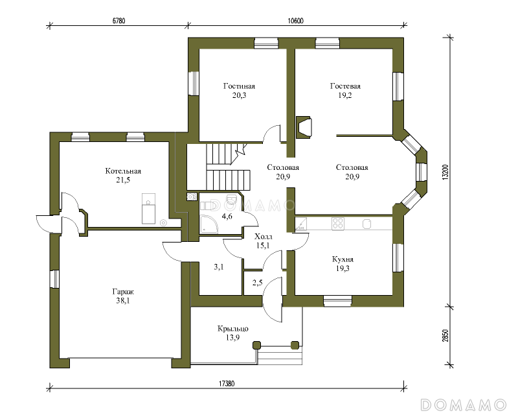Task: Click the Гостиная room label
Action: (239, 86)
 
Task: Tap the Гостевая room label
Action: (345, 86)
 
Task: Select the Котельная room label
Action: (123, 171)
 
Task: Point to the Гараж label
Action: (123, 292)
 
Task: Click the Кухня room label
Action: (343, 259)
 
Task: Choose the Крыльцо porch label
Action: (233, 329)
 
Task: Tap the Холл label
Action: (264, 237)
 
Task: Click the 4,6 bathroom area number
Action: (227, 217)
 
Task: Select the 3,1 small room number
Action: (219, 267)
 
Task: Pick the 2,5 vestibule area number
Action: (257, 283)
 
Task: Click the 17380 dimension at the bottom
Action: (227, 384)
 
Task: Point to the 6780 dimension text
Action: (119, 21)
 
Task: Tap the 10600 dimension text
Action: (296, 21)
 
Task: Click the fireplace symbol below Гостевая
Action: (303, 127)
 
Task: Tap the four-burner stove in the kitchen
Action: (338, 224)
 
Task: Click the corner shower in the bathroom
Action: (208, 224)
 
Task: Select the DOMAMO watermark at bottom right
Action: (464, 405)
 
